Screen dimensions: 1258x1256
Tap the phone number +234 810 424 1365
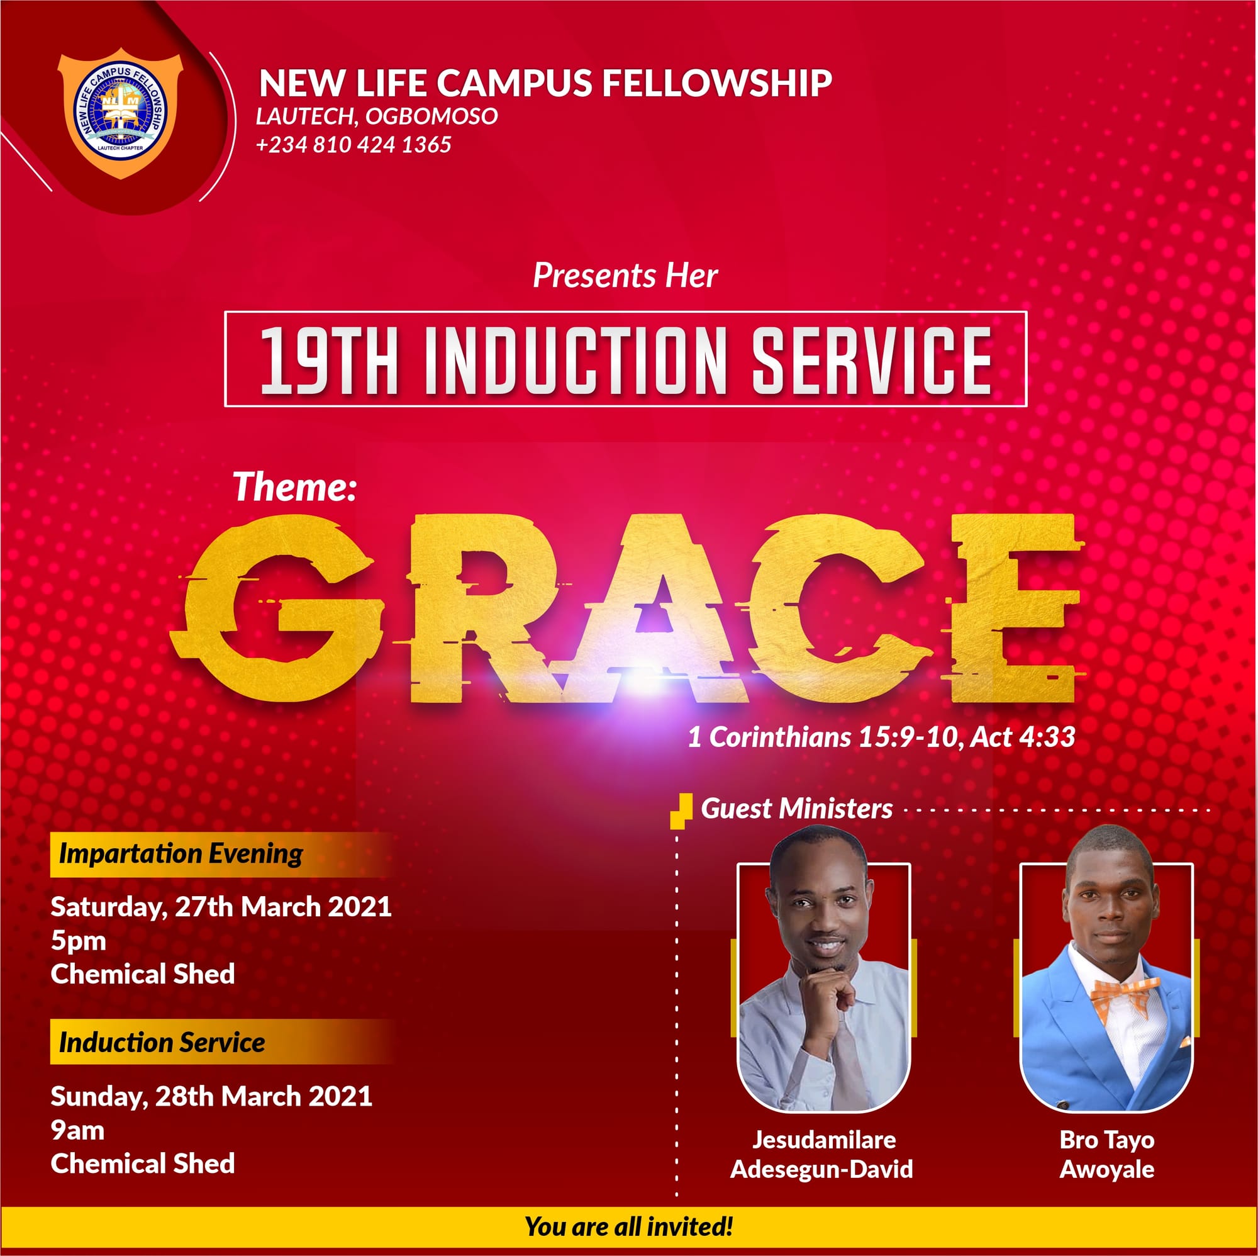tap(353, 145)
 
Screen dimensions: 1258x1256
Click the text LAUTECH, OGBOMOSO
tap(377, 116)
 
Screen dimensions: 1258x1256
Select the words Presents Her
tap(625, 276)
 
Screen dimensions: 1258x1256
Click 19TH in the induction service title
tap(329, 361)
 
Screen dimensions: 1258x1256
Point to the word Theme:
tap(295, 486)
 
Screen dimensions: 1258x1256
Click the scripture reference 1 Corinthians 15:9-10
tap(823, 737)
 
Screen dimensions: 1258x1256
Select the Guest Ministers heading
tap(796, 809)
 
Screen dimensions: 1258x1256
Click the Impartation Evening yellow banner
tap(221, 854)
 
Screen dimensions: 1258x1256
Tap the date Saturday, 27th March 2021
tap(221, 907)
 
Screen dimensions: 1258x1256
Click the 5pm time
tap(78, 941)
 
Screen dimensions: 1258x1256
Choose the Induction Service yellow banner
tap(221, 1042)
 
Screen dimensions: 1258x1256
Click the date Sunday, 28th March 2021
tap(211, 1096)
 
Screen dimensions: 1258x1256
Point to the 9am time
tap(77, 1131)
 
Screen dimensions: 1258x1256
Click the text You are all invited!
tap(629, 1226)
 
